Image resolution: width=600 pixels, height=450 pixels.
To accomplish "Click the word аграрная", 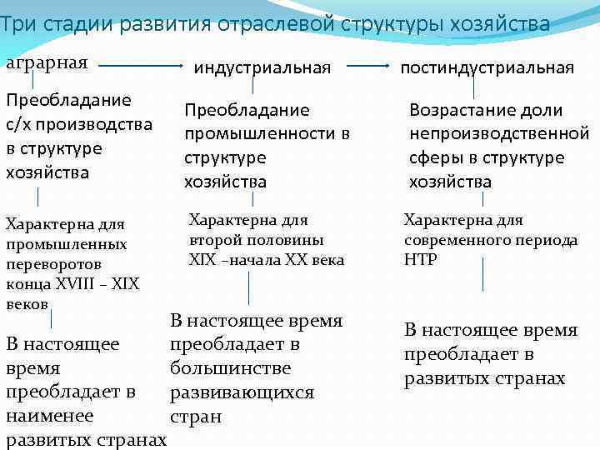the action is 47,63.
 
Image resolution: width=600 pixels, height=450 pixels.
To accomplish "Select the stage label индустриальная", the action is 262,67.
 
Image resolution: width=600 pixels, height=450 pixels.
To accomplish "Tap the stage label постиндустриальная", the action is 487,67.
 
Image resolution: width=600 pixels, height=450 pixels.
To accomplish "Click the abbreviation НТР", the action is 420,259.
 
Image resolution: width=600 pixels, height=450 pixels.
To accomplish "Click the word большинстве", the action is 229,367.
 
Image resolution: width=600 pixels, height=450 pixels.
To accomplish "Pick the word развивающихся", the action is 242,392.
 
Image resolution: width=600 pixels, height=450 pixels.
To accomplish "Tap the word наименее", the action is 50,415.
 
